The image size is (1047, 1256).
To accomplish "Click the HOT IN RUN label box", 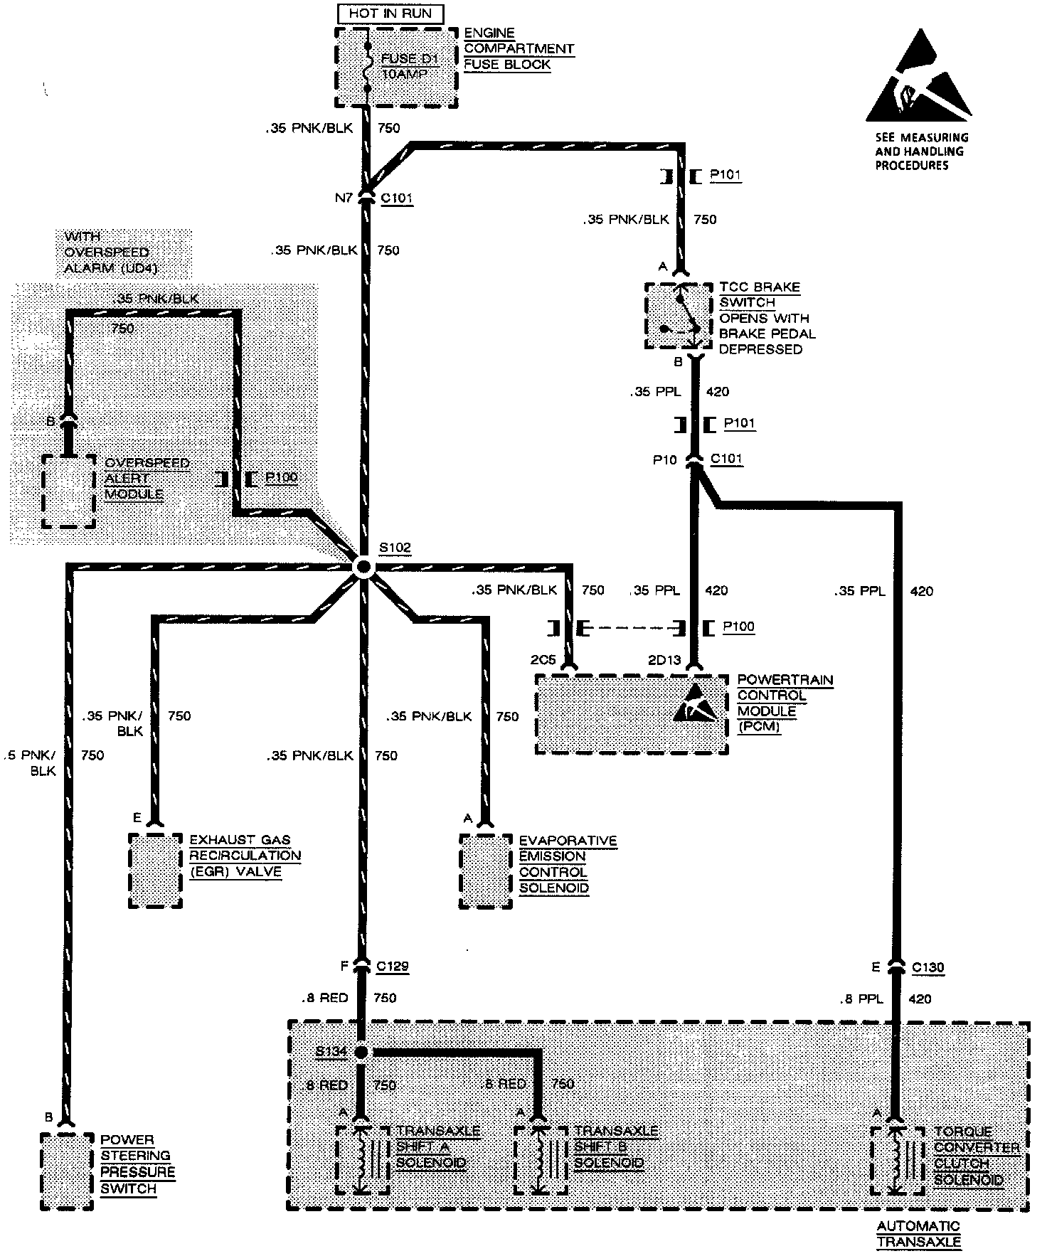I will click(x=390, y=13).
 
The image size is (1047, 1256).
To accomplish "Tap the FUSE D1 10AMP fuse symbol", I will click(x=367, y=68).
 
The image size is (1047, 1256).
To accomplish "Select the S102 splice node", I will click(x=363, y=567).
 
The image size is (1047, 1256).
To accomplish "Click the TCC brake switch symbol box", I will click(x=678, y=316).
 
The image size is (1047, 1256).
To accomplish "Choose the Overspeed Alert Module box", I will click(x=68, y=491).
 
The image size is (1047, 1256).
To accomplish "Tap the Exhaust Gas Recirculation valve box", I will click(x=155, y=871).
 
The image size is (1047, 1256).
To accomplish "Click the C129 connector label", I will click(x=393, y=967).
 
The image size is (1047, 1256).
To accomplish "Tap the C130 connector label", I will click(x=928, y=967).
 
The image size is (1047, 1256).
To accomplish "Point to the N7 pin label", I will click(x=344, y=198).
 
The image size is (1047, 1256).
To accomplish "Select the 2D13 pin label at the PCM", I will click(x=664, y=661).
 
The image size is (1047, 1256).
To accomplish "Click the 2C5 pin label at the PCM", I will click(x=543, y=661).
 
